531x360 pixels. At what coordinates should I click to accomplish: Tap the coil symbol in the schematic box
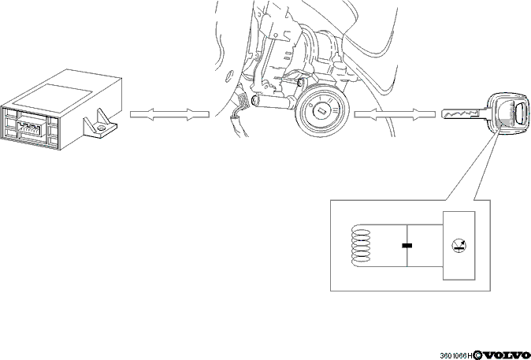tap(361, 246)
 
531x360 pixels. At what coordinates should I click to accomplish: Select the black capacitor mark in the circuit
tap(407, 246)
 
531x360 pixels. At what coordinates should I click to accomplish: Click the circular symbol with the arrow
tap(459, 246)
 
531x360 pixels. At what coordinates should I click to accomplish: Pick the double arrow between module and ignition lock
tap(169, 114)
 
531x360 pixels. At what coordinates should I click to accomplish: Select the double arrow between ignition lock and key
tap(395, 114)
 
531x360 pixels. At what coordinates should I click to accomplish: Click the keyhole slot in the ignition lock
tap(321, 109)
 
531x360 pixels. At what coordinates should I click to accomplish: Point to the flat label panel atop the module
tap(53, 97)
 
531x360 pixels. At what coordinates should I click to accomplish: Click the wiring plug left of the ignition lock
tap(243, 101)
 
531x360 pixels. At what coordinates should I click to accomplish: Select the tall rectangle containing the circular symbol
tap(459, 246)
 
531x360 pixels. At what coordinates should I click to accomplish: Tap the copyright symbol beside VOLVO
tap(477, 355)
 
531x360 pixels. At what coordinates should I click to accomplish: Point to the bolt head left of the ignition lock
tap(254, 99)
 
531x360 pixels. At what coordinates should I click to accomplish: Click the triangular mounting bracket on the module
tap(100, 124)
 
